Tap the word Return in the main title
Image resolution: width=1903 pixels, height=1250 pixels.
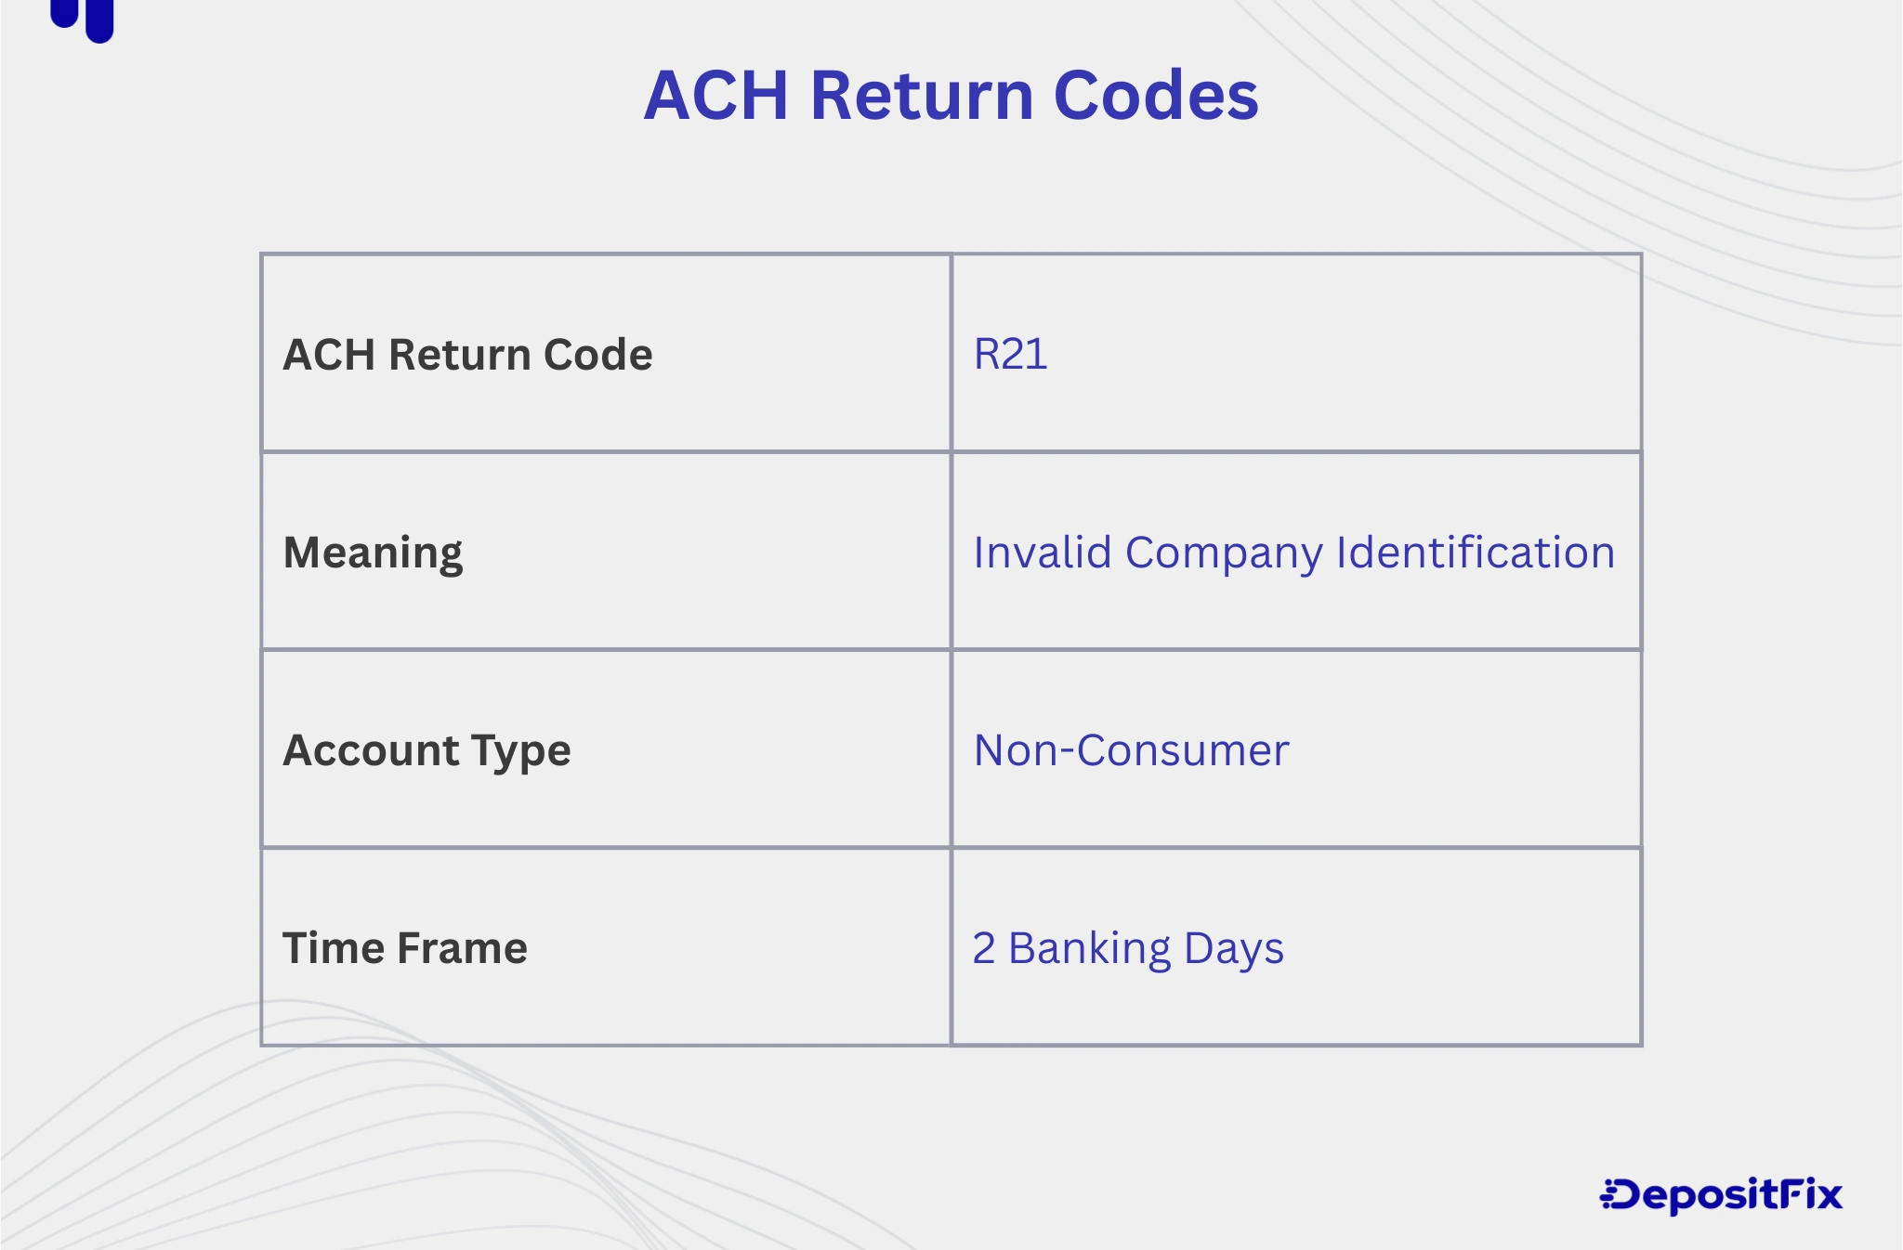point(921,95)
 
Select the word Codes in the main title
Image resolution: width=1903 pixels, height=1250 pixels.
point(1156,95)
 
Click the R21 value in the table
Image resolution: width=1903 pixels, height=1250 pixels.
point(1010,354)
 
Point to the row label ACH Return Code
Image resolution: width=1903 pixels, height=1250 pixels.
point(467,354)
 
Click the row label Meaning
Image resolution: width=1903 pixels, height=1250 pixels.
point(373,553)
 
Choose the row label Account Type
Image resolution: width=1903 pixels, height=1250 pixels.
point(427,750)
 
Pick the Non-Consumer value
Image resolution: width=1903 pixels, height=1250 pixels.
point(1131,750)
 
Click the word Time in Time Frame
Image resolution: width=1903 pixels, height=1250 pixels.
point(333,948)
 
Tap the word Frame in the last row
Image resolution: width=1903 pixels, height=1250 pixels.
point(461,948)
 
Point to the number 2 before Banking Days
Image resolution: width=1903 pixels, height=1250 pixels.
point(984,948)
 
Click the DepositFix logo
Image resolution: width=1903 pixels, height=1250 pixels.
point(1721,1195)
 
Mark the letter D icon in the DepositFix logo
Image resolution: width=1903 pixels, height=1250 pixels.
point(1621,1195)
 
